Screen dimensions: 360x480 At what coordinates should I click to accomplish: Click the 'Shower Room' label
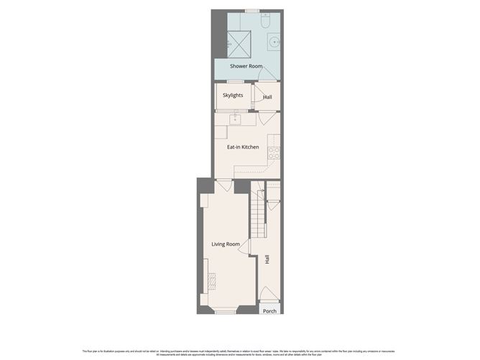[x=245, y=66]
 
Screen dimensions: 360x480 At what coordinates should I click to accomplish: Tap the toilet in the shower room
[x=266, y=22]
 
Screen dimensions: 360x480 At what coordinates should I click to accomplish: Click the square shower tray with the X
[x=239, y=43]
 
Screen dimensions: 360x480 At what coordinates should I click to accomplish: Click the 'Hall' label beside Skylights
[x=267, y=96]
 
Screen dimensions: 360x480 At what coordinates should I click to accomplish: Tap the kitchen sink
[x=234, y=119]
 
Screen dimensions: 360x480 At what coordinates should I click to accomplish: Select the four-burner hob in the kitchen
[x=273, y=152]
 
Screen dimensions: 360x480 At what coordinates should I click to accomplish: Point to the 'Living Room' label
[x=225, y=244]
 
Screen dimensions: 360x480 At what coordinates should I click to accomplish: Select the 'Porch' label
[x=269, y=311]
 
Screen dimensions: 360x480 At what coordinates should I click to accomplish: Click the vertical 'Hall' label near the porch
[x=267, y=259]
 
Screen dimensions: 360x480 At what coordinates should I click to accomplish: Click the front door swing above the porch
[x=266, y=293]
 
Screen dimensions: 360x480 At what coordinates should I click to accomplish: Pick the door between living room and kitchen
[x=224, y=185]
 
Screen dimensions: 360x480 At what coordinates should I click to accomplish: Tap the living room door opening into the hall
[x=244, y=247]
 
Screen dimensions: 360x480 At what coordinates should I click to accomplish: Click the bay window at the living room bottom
[x=225, y=311]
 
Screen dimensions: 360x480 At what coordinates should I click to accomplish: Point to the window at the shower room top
[x=251, y=11]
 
